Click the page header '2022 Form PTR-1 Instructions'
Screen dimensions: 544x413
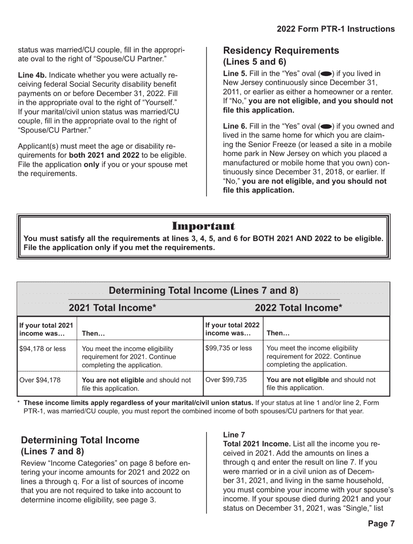[336, 29]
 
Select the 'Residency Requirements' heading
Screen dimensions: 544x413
[281, 51]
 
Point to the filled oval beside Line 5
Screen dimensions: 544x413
[326, 74]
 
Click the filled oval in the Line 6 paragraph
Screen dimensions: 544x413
[326, 126]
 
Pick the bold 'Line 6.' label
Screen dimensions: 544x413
[235, 126]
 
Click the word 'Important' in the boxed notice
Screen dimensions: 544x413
[203, 226]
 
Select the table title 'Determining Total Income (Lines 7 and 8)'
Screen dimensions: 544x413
[203, 290]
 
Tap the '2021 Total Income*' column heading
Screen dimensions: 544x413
[113, 308]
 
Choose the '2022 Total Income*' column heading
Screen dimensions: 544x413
[299, 308]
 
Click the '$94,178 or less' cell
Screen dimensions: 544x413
[43, 349]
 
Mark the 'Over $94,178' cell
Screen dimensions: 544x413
[40, 380]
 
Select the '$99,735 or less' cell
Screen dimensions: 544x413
[228, 348]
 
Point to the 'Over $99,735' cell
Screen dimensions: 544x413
[226, 380]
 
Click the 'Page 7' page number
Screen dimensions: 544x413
[381, 524]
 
